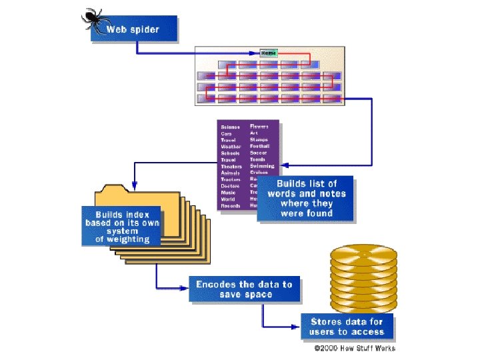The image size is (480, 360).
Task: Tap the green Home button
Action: pyautogui.click(x=269, y=53)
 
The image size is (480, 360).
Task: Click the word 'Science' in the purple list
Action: pyautogui.click(x=231, y=127)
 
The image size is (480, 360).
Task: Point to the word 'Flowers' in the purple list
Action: pyautogui.click(x=259, y=126)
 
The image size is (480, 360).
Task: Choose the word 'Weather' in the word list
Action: pyautogui.click(x=231, y=147)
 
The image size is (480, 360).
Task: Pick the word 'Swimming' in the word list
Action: pyautogui.click(x=261, y=166)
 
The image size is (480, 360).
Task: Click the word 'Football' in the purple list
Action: pyautogui.click(x=259, y=146)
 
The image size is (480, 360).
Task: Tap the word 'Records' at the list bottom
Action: pyautogui.click(x=231, y=206)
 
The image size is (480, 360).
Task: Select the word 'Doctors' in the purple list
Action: pyautogui.click(x=231, y=186)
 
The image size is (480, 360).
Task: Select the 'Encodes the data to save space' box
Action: pyautogui.click(x=244, y=289)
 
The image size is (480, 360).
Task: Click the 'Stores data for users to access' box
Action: pyautogui.click(x=347, y=327)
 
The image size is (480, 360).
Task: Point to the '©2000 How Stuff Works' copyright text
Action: pyautogui.click(x=355, y=348)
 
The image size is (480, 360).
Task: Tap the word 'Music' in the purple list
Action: pyautogui.click(x=229, y=193)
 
